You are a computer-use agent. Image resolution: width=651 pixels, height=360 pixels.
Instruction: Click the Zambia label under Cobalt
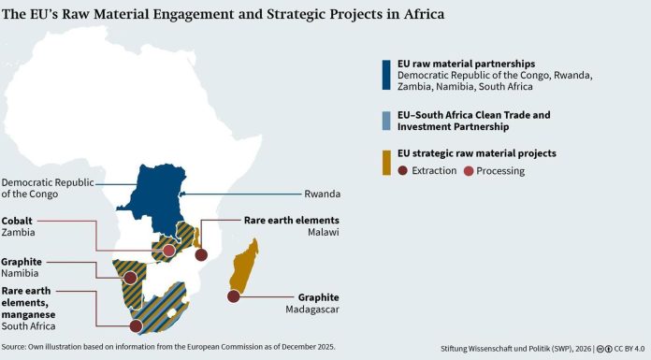click(x=21, y=234)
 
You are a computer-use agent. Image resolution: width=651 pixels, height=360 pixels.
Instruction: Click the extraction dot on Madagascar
click(x=233, y=297)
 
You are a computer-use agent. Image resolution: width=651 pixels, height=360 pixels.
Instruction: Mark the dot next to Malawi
click(x=200, y=254)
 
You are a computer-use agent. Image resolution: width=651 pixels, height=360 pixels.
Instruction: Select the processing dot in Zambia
click(x=168, y=251)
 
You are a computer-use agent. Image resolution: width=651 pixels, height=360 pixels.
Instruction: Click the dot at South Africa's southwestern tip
click(x=136, y=326)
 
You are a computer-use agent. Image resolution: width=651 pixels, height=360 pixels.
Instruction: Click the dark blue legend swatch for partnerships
click(x=384, y=75)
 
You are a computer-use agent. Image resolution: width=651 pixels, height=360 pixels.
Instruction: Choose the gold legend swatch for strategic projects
click(x=384, y=160)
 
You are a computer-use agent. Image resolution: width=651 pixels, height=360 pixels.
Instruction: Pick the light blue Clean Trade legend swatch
click(x=384, y=121)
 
